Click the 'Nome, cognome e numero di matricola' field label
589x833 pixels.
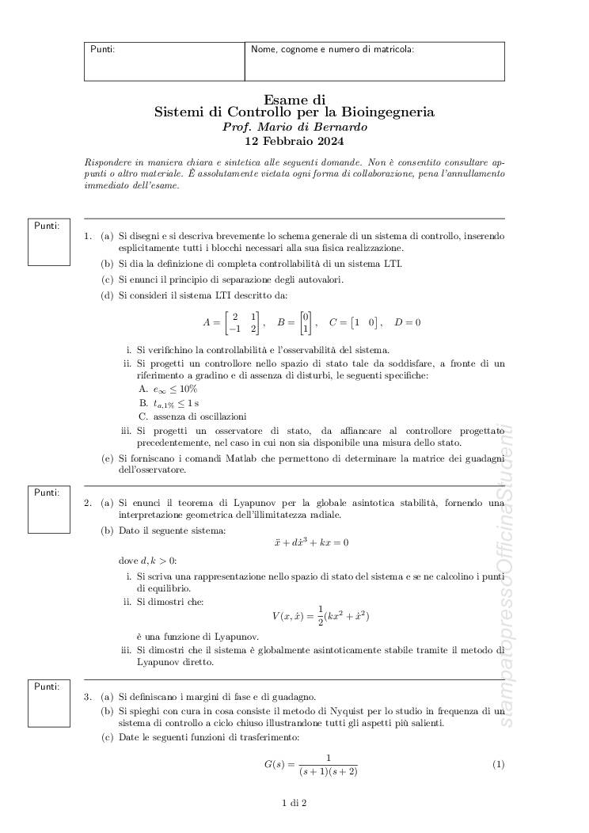tap(332, 50)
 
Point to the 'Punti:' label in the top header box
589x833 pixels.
tap(103, 50)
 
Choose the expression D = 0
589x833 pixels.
tap(408, 323)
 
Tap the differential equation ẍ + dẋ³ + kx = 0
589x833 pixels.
tap(310, 543)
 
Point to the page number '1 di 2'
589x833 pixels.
tap(294, 804)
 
